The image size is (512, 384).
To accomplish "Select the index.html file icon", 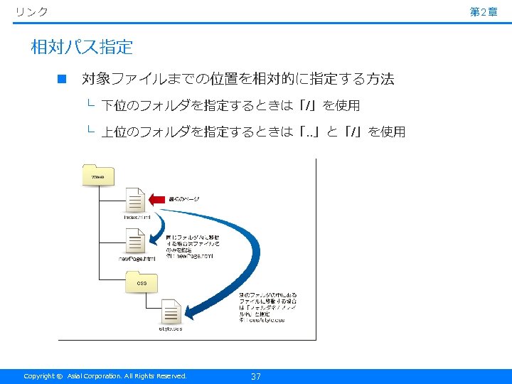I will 135,200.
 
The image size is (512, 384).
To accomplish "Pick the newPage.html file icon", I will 135,242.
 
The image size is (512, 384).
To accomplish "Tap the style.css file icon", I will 171,311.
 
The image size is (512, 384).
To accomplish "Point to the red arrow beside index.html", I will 157,198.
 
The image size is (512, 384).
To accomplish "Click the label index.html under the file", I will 137,217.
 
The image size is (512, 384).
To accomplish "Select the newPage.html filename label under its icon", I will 137,259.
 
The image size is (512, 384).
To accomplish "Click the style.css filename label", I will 171,329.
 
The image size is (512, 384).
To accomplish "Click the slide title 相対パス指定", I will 82,48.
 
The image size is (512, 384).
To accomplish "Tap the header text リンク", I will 32,11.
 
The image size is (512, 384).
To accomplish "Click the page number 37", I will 256,376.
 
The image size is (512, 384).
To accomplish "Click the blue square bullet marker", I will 62,79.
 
